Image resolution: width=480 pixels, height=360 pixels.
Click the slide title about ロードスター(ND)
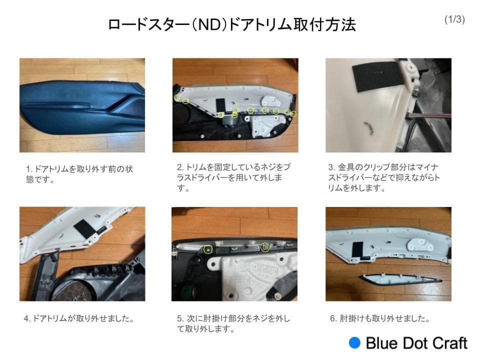click(231, 24)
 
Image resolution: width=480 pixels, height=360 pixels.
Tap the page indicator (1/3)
click(454, 19)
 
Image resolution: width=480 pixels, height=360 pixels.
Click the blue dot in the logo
click(354, 342)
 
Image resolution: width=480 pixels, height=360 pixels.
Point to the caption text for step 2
click(233, 177)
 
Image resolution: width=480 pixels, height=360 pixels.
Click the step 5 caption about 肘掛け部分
click(233, 323)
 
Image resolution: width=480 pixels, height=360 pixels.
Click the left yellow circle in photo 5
click(208, 248)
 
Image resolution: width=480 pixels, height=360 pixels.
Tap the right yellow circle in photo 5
click(265, 246)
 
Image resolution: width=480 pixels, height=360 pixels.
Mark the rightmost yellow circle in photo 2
click(293, 114)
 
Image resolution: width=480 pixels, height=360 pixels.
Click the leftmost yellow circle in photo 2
click(177, 97)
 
